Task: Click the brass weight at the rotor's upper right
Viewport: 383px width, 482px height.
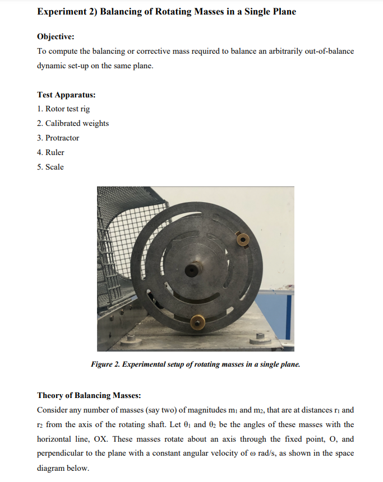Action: pyautogui.click(x=243, y=240)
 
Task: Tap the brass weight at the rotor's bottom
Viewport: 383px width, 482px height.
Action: pyautogui.click(x=197, y=322)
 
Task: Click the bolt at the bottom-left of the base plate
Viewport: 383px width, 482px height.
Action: pyautogui.click(x=131, y=338)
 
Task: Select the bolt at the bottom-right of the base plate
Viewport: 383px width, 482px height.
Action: pyautogui.click(x=260, y=336)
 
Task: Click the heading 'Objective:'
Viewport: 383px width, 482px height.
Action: pyautogui.click(x=56, y=36)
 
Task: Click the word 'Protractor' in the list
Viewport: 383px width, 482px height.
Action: pyautogui.click(x=62, y=138)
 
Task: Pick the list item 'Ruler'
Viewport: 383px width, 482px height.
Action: pyautogui.click(x=55, y=152)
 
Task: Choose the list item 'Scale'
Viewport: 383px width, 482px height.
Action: pyautogui.click(x=54, y=167)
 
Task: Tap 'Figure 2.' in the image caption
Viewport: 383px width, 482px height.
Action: pyautogui.click(x=106, y=364)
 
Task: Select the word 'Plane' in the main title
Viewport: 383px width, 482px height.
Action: pyautogui.click(x=283, y=11)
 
